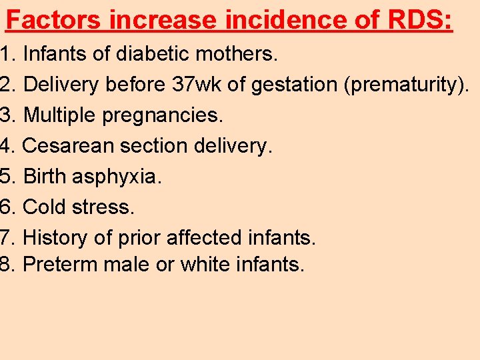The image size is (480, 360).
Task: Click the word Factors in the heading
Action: coord(54,20)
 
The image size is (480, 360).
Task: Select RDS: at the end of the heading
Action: coord(419,20)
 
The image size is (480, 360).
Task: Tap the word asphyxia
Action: coord(117,177)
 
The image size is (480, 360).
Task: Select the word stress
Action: coord(103,207)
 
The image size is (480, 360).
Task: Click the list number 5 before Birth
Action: coord(7,177)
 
